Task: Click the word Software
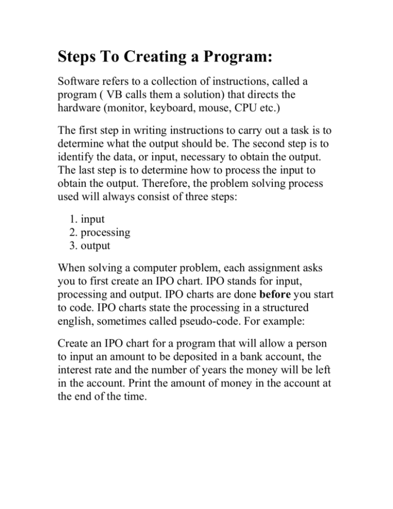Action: tap(76, 97)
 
